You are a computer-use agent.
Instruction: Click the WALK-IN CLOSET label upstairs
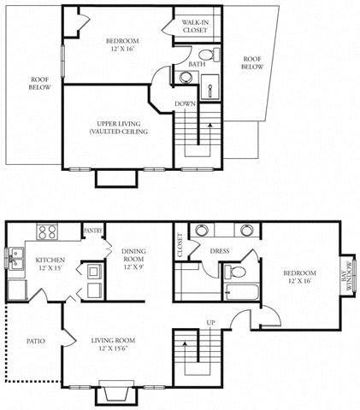(194, 26)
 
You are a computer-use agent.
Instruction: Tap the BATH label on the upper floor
(195, 63)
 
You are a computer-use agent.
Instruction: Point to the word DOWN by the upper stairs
(186, 103)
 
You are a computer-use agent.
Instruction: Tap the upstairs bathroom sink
(186, 79)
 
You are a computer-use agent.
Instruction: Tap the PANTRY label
(93, 231)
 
